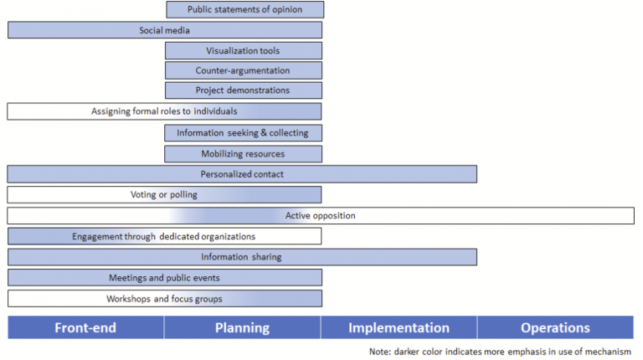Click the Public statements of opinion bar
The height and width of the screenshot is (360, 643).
tap(244, 10)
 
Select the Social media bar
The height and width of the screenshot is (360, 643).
tap(164, 30)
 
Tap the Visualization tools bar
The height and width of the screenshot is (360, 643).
tap(243, 51)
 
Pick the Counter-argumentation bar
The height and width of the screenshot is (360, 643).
tap(243, 71)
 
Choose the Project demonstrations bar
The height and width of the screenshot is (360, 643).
tap(243, 90)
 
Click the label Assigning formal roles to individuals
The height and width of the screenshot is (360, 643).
tap(164, 111)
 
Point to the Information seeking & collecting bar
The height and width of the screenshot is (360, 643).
tap(243, 132)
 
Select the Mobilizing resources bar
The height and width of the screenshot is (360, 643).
tap(243, 154)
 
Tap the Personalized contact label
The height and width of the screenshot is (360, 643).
tap(242, 174)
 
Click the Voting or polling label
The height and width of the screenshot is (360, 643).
tap(164, 195)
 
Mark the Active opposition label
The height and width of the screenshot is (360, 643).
tap(321, 216)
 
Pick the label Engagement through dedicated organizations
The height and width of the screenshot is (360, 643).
tap(164, 237)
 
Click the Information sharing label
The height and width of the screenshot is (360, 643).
tap(241, 257)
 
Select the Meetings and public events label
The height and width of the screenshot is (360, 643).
tap(164, 278)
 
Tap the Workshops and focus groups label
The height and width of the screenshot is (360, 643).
tap(164, 299)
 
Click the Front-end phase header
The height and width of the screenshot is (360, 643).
tap(85, 328)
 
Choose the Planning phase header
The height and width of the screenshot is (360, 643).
tap(242, 328)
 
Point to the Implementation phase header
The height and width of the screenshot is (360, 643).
tap(399, 328)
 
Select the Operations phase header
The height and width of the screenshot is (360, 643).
tap(555, 328)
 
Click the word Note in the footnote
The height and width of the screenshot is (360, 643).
tap(379, 352)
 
